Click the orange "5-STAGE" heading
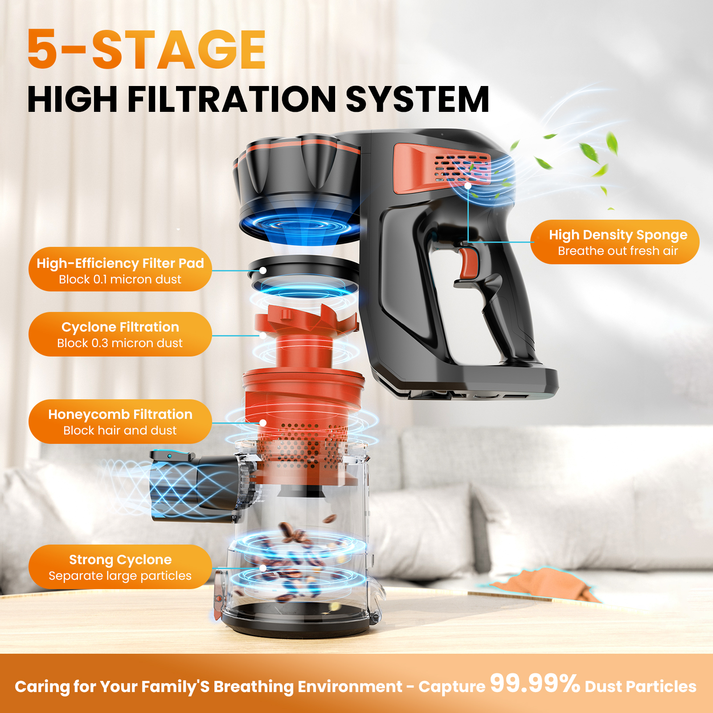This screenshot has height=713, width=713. coord(147,49)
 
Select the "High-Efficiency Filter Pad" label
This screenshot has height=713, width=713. coord(120,263)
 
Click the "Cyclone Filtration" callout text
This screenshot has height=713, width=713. coord(120,327)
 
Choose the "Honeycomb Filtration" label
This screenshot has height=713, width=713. coord(120,414)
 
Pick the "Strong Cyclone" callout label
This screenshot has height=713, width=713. coord(120,560)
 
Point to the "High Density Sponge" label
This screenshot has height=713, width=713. coord(618,235)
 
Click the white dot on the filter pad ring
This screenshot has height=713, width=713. coord(263,270)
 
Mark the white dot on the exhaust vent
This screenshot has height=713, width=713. coord(468,185)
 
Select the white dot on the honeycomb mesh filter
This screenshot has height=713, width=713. coord(263,422)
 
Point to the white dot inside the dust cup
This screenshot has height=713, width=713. coord(263,568)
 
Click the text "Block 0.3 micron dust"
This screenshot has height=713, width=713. coord(120,343)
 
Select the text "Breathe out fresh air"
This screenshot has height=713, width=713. coord(618,251)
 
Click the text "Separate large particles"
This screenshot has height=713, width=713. coord(120,576)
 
